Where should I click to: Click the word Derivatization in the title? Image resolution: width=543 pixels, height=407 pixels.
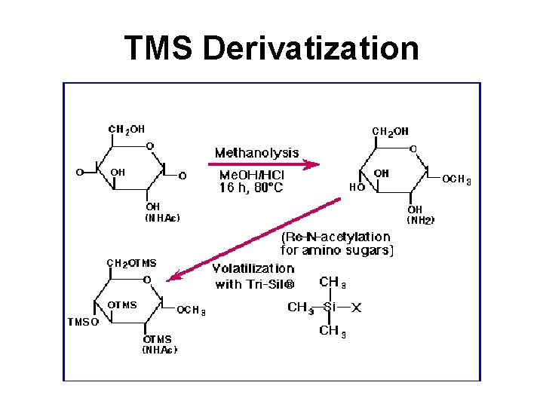point(311,48)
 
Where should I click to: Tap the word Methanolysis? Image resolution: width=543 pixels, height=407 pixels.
point(256,153)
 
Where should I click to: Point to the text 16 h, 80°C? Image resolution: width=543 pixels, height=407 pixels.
point(251,188)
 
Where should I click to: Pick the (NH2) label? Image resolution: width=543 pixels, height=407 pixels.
point(421,221)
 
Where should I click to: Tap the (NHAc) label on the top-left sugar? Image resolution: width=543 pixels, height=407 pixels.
point(162,219)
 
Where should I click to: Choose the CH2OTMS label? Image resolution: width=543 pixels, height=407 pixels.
point(131,263)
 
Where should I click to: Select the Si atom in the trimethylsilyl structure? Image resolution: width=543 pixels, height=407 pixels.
point(330,308)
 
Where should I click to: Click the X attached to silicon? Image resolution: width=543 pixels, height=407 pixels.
point(357,308)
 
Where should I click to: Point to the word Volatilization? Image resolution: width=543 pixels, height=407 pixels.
point(253,268)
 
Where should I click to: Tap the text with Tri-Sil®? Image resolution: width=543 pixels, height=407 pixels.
point(253,284)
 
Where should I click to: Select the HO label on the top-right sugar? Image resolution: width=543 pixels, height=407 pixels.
point(357,187)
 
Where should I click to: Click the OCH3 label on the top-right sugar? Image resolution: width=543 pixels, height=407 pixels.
point(456,179)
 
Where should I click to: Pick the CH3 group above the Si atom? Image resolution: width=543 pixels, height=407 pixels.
point(333,283)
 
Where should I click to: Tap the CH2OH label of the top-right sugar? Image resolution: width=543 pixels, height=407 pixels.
point(390,131)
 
